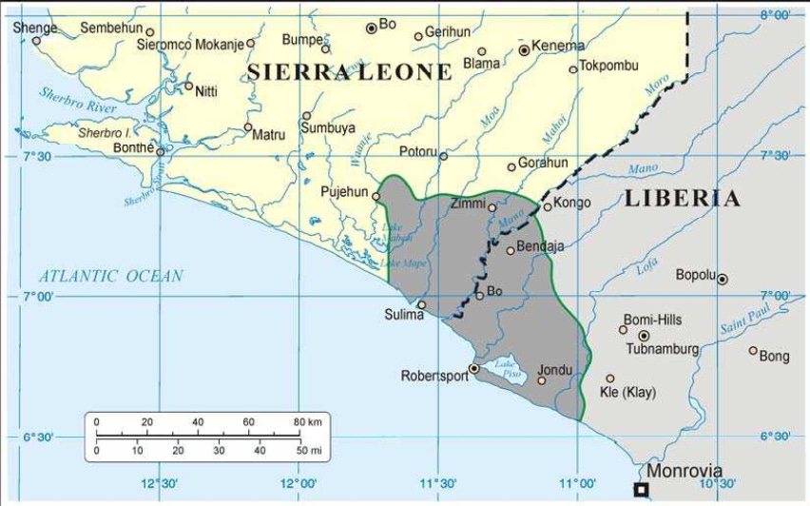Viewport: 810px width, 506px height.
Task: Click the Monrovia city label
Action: pos(684,471)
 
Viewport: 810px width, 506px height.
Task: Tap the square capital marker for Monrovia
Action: pos(642,489)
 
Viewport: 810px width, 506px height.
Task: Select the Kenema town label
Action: pos(558,46)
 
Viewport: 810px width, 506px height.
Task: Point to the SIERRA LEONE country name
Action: pos(350,72)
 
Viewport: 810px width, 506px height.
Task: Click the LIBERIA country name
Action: pos(682,199)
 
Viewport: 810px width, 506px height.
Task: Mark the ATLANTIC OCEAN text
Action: pos(110,276)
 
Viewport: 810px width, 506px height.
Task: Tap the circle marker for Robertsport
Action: pos(474,368)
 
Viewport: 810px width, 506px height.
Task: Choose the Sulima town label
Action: pos(404,315)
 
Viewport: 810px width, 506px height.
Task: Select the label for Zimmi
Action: pos(468,204)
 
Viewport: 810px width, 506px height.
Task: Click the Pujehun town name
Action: pos(344,192)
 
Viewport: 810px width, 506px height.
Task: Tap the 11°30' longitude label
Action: pos(439,482)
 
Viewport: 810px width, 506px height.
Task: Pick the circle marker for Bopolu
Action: pos(723,280)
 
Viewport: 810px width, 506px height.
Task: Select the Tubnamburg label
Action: pos(663,350)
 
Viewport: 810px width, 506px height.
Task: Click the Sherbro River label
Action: pos(72,100)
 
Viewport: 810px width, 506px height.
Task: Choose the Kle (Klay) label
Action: pos(628,392)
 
